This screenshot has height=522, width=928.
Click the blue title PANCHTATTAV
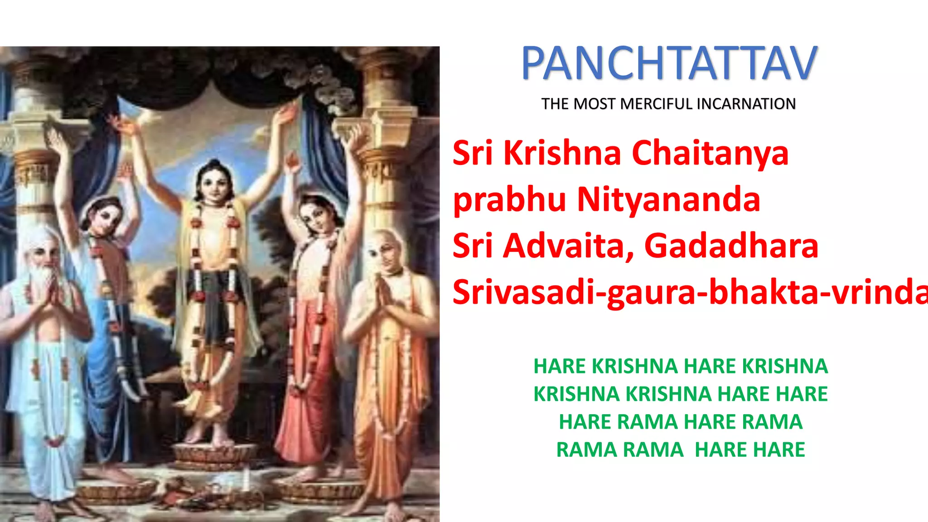tap(669, 63)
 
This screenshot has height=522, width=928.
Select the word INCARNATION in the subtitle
tap(746, 104)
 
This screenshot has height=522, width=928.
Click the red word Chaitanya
tap(710, 153)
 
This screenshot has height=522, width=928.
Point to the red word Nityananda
tap(668, 200)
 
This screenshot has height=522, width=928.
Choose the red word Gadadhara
tap(731, 246)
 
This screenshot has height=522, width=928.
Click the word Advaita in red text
tap(568, 246)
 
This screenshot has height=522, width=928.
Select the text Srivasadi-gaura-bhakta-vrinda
tap(689, 292)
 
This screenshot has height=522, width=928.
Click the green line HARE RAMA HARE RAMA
tap(680, 422)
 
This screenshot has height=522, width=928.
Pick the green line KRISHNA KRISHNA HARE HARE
tap(680, 394)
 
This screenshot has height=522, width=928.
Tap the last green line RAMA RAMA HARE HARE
tap(680, 450)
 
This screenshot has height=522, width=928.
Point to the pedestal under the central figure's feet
tap(213, 453)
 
